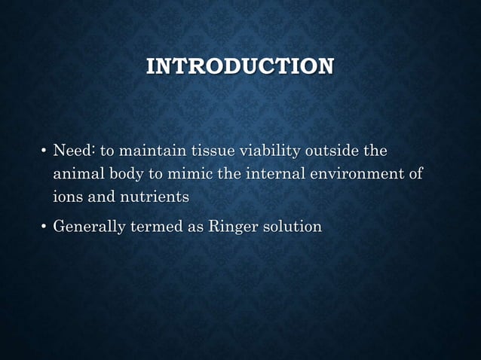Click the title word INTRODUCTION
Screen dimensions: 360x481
(x=240, y=67)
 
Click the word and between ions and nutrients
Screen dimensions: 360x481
(x=102, y=197)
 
